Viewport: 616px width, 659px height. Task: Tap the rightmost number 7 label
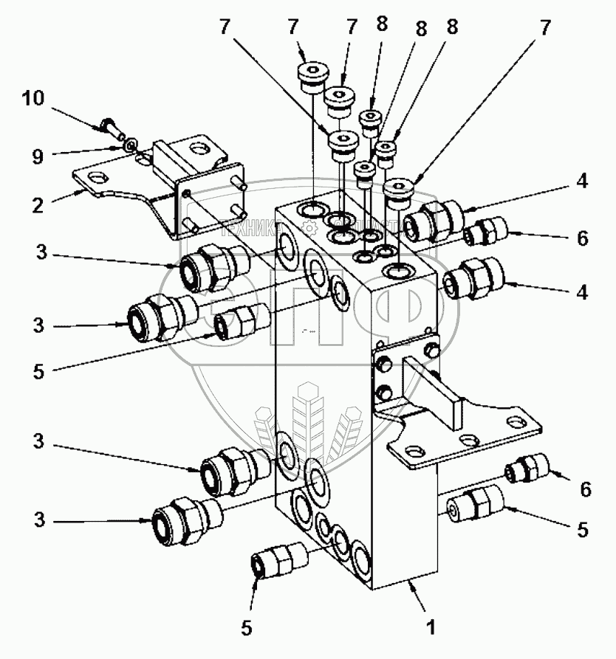coord(544,27)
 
